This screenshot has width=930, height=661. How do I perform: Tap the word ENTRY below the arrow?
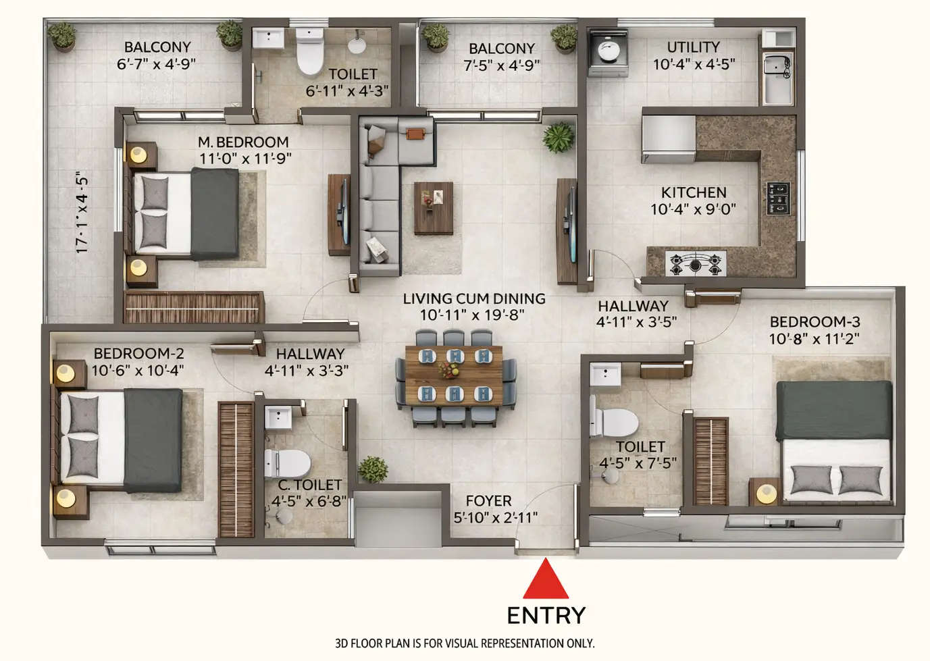pyautogui.click(x=546, y=615)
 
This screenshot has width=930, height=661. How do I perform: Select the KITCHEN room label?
pyautogui.click(x=694, y=192)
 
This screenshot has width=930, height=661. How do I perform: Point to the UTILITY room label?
pyautogui.click(x=693, y=47)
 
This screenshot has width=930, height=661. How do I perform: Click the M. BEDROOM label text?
pyautogui.click(x=243, y=142)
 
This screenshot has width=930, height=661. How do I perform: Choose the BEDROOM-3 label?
pyautogui.click(x=814, y=322)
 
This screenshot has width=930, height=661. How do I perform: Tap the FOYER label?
pyautogui.click(x=488, y=501)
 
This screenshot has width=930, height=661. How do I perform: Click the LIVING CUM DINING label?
pyautogui.click(x=474, y=298)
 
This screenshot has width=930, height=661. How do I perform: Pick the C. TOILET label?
pyautogui.click(x=309, y=485)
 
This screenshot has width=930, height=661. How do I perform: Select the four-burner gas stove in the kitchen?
pyautogui.click(x=696, y=263)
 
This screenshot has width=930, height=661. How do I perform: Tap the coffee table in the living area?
pyautogui.click(x=433, y=207)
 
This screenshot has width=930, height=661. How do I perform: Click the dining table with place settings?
pyautogui.click(x=453, y=375)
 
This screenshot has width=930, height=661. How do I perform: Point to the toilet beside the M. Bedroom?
pyautogui.click(x=311, y=54)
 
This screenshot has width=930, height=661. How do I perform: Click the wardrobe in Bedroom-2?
pyautogui.click(x=236, y=469)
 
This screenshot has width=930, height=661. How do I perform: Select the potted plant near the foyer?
pyautogui.click(x=373, y=469)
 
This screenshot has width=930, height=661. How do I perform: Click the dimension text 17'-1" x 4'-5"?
pyautogui.click(x=82, y=213)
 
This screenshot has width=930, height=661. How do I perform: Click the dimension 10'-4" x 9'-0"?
pyautogui.click(x=693, y=210)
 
